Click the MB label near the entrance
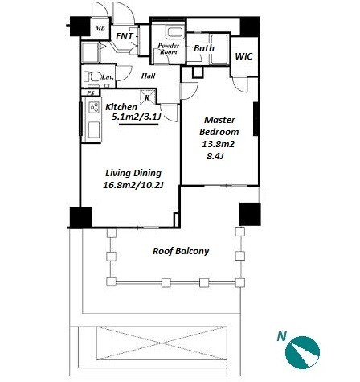[100, 28]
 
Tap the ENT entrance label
[125, 36]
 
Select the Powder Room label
[169, 48]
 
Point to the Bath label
[204, 48]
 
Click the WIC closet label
[243, 56]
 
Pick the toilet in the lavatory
[92, 76]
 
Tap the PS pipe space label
[91, 93]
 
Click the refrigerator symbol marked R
[147, 97]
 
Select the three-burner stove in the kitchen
[94, 108]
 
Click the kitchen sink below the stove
[94, 129]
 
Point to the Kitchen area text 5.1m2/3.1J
[136, 117]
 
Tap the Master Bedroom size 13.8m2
[218, 144]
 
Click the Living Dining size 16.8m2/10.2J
[133, 185]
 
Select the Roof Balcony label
[181, 251]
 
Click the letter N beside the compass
[281, 336]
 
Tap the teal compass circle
[302, 352]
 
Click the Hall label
[148, 76]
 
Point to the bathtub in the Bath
[219, 49]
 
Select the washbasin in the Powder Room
[175, 33]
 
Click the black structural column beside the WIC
[250, 27]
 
